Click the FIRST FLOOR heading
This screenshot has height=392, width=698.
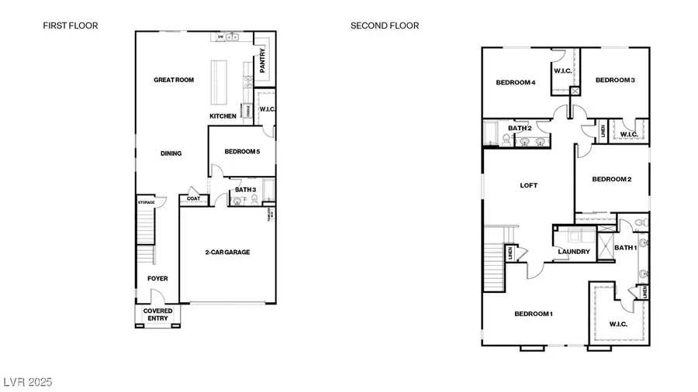tap(71, 26)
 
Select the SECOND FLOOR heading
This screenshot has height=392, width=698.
tap(385, 26)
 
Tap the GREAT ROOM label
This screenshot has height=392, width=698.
tap(174, 80)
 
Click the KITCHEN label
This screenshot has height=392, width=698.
tap(223, 116)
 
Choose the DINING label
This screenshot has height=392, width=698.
tap(171, 153)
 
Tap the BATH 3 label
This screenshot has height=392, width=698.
tap(245, 189)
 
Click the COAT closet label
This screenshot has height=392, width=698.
tap(192, 199)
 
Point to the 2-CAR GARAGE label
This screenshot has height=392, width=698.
tap(227, 252)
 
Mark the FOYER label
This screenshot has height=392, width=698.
tap(157, 278)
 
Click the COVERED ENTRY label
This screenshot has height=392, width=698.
tap(157, 315)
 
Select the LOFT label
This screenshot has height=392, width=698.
tap(528, 185)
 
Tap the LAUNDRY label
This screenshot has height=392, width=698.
tap(574, 252)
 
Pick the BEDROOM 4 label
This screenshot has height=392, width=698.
tap(516, 82)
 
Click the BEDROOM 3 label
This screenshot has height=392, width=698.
tap(615, 80)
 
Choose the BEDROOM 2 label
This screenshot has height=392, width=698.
tap(611, 179)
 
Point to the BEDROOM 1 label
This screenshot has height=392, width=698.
tap(534, 314)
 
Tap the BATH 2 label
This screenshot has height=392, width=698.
tap(520, 128)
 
